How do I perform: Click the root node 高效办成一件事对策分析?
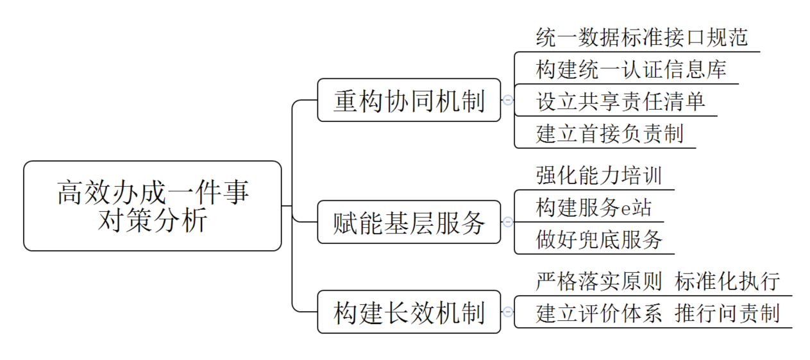pos(152,205)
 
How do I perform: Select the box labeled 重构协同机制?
pos(409,100)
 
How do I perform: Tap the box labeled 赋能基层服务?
pos(409,222)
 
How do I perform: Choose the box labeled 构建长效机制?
pos(409,312)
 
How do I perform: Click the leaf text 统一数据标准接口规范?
pos(641,37)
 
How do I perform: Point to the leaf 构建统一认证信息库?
pos(631,69)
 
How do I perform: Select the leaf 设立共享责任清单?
pos(620,101)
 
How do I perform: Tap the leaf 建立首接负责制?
pos(609,133)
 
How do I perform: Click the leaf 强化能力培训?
pos(598,175)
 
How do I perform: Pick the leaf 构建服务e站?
pos(593,207)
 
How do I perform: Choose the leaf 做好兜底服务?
pos(598,239)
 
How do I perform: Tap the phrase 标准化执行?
pos(727,281)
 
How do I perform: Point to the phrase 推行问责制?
pos(727,313)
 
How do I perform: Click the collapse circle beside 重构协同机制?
pos(508,100)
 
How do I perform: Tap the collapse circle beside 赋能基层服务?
pos(508,222)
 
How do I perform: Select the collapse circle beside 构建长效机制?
pos(508,312)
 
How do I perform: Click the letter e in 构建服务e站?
pos(627,209)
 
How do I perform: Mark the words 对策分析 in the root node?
pos(152,221)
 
